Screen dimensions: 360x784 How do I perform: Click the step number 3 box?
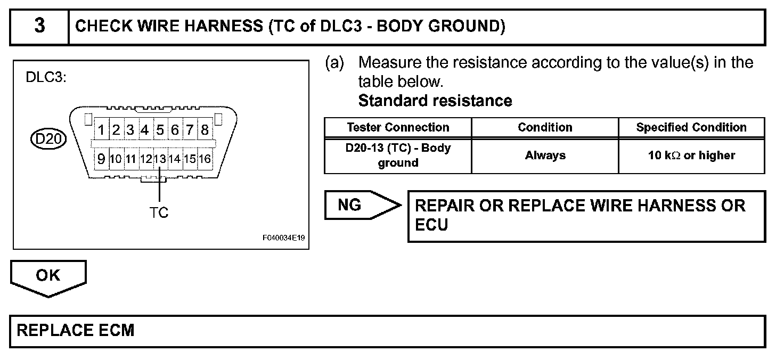coord(39,27)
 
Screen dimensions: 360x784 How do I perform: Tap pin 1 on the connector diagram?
coord(101,130)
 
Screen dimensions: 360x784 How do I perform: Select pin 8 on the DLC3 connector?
coord(204,130)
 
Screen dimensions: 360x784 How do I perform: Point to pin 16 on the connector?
coord(205,158)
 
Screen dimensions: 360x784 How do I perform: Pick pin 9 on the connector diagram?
coord(101,158)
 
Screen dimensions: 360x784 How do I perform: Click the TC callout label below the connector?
coord(159,212)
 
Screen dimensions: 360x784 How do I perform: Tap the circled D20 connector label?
coord(48,140)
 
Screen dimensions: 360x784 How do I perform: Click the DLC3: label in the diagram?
coord(46,78)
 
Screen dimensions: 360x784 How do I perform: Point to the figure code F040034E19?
coord(283,238)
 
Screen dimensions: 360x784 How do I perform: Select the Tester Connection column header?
coord(398,128)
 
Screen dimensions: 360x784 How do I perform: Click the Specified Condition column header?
coord(691,128)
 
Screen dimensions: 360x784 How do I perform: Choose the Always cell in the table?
coord(545,156)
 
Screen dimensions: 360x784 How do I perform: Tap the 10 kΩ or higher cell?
coord(691,156)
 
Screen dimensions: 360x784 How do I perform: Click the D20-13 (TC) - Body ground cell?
coord(398,156)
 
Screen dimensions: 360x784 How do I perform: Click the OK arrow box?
coord(48,276)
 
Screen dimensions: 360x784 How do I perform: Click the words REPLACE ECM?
coord(76,331)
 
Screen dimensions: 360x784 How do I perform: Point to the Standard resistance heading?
coord(435,101)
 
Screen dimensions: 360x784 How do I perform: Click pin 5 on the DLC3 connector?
coord(160,130)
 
